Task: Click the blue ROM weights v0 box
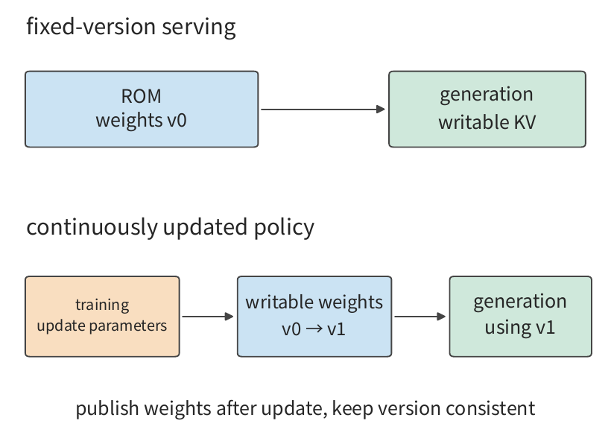[142, 109]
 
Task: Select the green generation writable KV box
[487, 109]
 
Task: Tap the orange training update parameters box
[102, 317]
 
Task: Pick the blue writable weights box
[314, 317]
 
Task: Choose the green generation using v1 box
[521, 317]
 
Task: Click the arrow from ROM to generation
[323, 109]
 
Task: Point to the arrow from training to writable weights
[208, 317]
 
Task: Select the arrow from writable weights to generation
[420, 317]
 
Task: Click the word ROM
[141, 96]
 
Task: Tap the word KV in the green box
[525, 122]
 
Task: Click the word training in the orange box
[102, 305]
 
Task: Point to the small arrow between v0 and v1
[314, 329]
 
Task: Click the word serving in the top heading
[199, 28]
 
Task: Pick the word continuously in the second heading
[92, 227]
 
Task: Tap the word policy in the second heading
[284, 227]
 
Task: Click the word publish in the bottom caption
[107, 409]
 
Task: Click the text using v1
[520, 328]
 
